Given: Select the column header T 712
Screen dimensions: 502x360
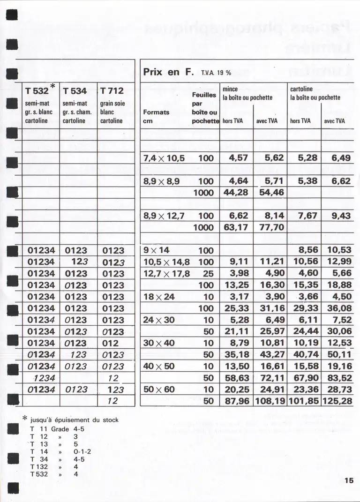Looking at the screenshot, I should pos(112,91).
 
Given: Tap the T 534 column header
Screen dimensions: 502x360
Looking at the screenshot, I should pos(75,91).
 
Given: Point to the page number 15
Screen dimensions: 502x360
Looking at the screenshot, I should pos(348,480).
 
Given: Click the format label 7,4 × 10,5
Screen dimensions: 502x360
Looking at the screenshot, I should pos(164,158).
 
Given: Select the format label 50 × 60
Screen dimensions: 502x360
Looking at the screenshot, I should pos(159,390).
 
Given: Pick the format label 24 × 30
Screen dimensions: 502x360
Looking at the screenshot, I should pos(159,321).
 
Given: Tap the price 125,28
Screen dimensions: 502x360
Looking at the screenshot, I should pos(337,401).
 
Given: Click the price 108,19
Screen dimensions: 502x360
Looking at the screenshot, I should pos(270,401).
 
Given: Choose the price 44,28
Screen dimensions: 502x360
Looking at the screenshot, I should pos(236,192).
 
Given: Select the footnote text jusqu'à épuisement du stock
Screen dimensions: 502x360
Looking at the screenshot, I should pos(75,420).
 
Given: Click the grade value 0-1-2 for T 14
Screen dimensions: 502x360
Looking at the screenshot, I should pos(82,452).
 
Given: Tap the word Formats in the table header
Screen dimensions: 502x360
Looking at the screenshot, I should pos(156,112).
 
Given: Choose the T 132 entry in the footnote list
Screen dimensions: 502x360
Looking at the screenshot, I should pos(39,467).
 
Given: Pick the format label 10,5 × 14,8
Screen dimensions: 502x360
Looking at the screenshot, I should pos(166,262).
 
